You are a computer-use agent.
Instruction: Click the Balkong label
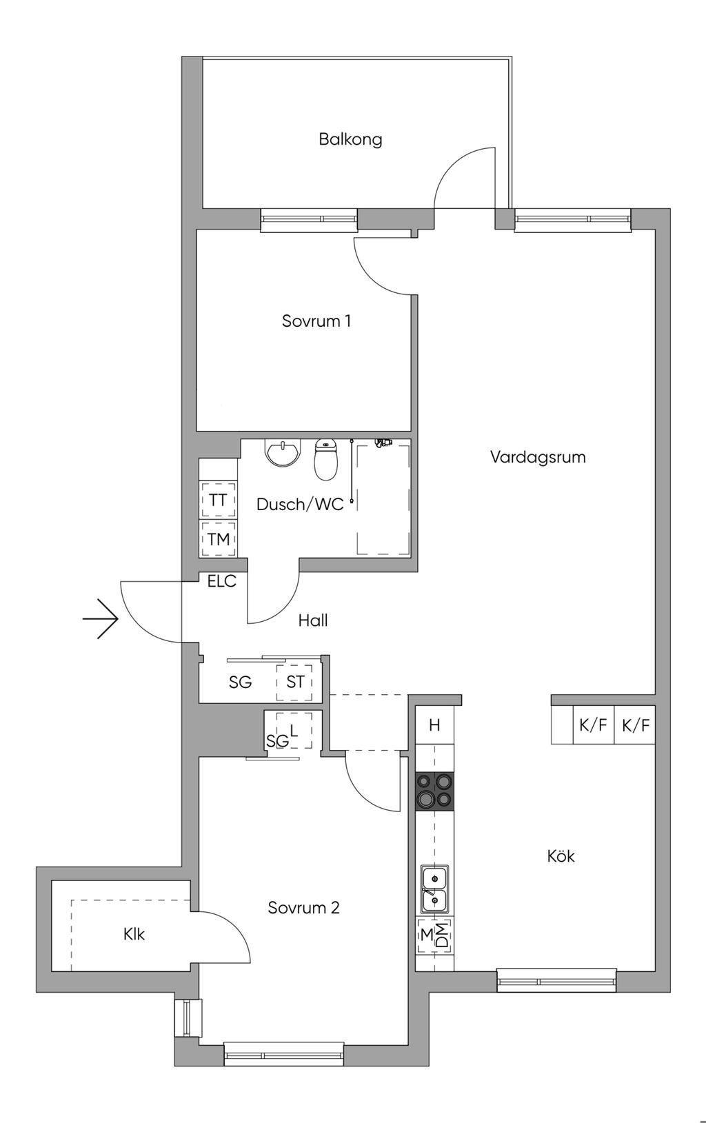(x=350, y=139)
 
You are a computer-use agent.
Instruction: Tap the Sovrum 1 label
(x=316, y=321)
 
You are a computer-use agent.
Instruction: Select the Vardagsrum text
(x=538, y=457)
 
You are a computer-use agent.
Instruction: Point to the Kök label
(x=561, y=856)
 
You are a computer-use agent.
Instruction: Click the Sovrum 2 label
(x=303, y=908)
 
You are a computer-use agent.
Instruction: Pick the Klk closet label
(x=134, y=935)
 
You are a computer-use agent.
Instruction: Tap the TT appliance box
(x=218, y=500)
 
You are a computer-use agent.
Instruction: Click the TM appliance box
(x=218, y=538)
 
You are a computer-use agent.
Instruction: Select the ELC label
(x=222, y=582)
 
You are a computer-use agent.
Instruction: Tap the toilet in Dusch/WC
(x=325, y=459)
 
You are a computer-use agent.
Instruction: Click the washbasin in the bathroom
(x=283, y=453)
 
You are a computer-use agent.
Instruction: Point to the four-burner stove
(x=435, y=791)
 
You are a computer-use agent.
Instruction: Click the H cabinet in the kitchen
(x=434, y=725)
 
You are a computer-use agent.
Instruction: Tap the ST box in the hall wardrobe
(x=295, y=682)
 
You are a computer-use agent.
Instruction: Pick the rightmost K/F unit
(x=635, y=725)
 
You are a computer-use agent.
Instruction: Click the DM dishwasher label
(x=442, y=935)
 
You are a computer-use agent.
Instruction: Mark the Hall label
(x=313, y=620)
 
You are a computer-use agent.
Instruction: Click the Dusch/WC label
(x=300, y=505)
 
